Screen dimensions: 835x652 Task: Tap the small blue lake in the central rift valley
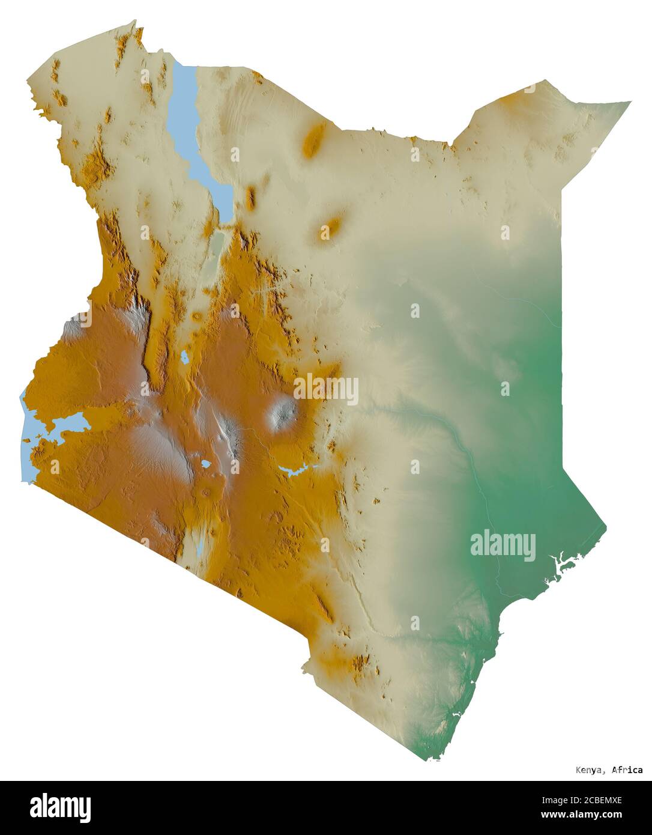click(184, 358)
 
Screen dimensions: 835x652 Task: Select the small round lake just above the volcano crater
click(205, 464)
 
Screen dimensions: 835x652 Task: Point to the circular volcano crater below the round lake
click(207, 492)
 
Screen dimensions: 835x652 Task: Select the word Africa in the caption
click(627, 770)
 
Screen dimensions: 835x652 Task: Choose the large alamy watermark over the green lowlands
click(503, 545)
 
